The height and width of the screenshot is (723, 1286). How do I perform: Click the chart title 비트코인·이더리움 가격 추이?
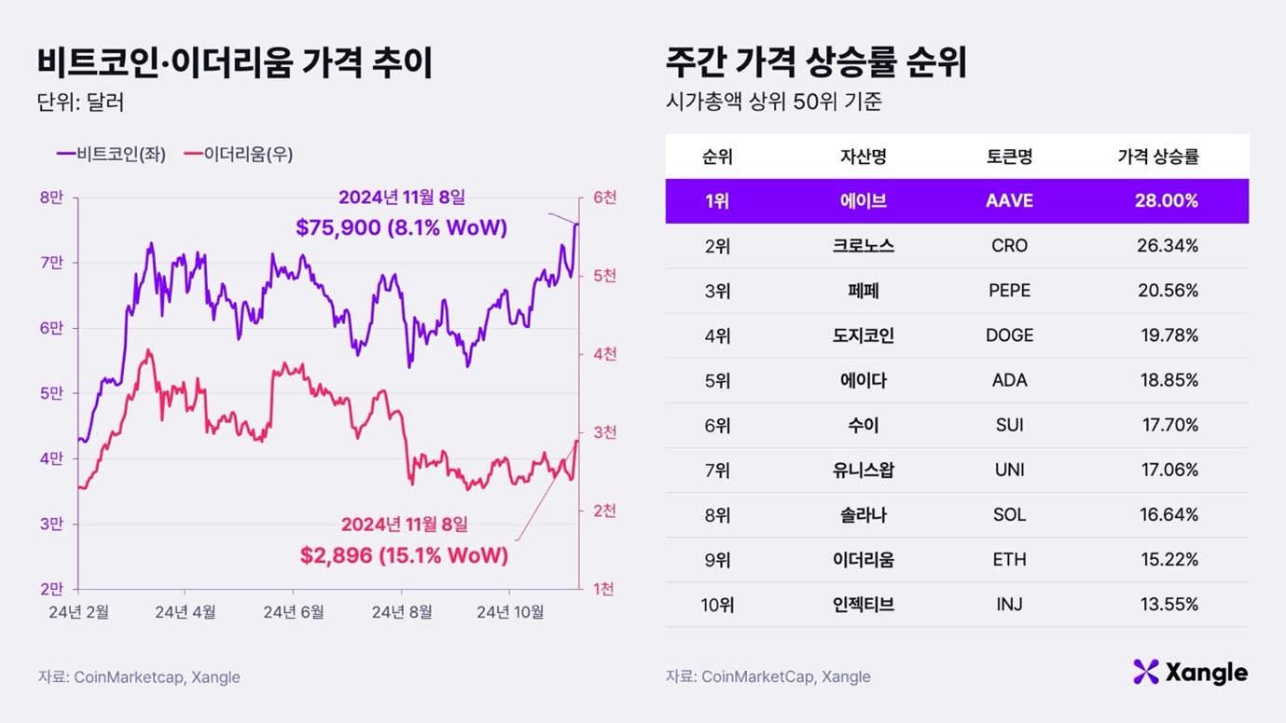(234, 63)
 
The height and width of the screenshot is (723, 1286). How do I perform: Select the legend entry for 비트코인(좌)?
(111, 155)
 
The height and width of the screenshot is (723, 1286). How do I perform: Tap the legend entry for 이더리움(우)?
(238, 155)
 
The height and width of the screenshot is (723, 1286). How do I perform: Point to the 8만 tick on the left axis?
(51, 198)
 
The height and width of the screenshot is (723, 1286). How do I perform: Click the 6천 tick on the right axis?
(604, 198)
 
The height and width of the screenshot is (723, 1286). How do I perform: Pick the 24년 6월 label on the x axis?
(293, 612)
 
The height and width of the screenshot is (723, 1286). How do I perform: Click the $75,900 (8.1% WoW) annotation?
(401, 227)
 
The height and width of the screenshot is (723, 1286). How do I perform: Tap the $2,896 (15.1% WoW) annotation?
(404, 556)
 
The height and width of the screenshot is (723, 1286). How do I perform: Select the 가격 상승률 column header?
(1157, 157)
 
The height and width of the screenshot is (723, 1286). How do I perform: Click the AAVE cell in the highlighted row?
(1009, 201)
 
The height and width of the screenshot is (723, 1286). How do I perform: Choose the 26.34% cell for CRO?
(1168, 246)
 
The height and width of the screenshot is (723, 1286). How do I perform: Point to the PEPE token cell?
(1009, 291)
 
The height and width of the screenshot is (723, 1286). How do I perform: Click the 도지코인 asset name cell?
(863, 335)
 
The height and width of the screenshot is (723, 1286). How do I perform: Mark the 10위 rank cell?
(717, 605)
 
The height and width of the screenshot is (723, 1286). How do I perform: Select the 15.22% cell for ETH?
(1168, 560)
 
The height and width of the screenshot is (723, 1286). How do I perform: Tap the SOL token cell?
(1009, 515)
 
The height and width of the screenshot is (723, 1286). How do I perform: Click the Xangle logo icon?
(1145, 672)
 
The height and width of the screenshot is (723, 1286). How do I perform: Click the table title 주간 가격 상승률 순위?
(816, 63)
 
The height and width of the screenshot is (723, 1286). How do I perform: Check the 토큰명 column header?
(1009, 157)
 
